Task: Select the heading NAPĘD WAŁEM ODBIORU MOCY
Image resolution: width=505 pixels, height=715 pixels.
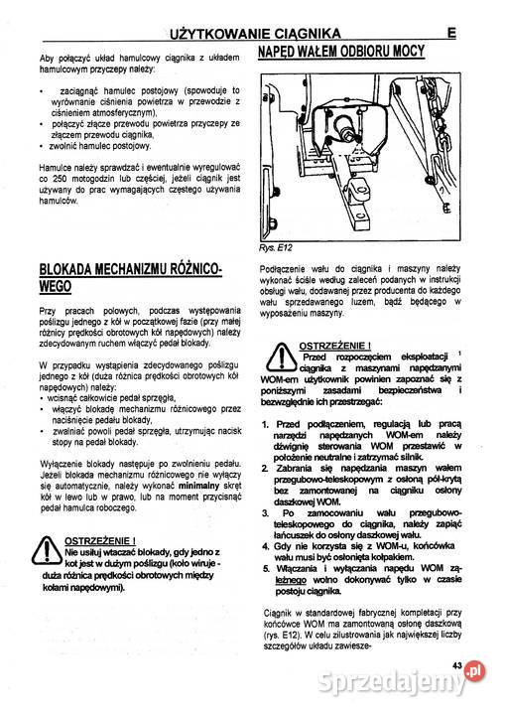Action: point(341,53)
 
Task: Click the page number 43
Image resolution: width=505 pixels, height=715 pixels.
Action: point(457,665)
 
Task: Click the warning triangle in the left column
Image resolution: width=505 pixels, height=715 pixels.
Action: point(49,550)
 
